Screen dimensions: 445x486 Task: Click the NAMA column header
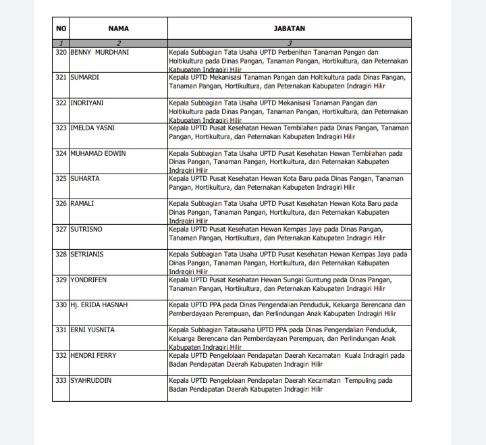pyautogui.click(x=118, y=28)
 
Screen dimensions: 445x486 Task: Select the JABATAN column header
pyautogui.click(x=289, y=28)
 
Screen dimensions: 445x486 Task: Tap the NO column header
pyautogui.click(x=61, y=28)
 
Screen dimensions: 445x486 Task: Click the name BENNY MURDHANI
pyautogui.click(x=99, y=52)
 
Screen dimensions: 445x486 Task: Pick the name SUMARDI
pyautogui.click(x=85, y=78)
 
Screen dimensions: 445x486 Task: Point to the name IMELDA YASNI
pyautogui.click(x=93, y=128)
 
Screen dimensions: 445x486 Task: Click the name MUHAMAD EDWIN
pyautogui.click(x=98, y=153)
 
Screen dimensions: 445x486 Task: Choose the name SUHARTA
pyautogui.click(x=85, y=179)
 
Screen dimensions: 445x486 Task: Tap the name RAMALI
pyautogui.click(x=83, y=204)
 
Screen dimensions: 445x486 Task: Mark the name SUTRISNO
pyautogui.click(x=87, y=229)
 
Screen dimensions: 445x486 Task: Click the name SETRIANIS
pyautogui.click(x=87, y=254)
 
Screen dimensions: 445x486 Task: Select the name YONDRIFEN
pyautogui.click(x=89, y=279)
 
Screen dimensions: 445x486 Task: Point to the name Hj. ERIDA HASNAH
pyautogui.click(x=99, y=305)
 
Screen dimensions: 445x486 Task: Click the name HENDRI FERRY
pyautogui.click(x=93, y=355)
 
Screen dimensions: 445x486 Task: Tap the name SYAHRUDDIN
pyautogui.click(x=91, y=381)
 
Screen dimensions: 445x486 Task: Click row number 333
pyautogui.click(x=61, y=381)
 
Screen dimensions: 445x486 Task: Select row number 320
pyautogui.click(x=61, y=52)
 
